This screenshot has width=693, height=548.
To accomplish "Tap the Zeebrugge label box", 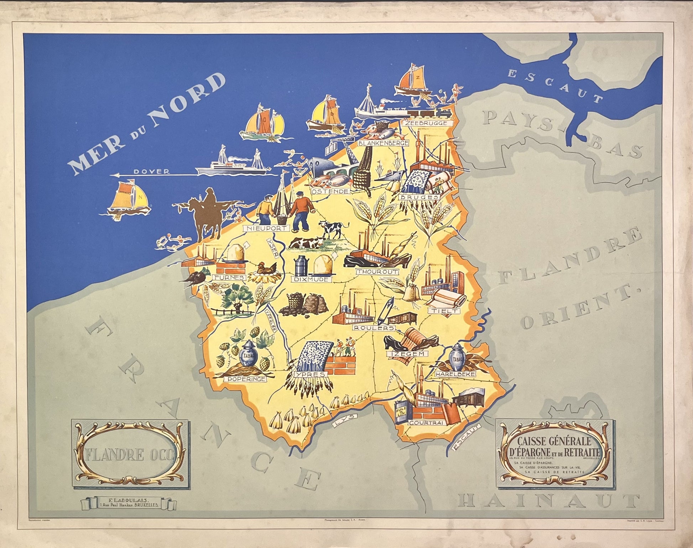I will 425,123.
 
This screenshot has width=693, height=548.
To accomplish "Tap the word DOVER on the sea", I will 151,172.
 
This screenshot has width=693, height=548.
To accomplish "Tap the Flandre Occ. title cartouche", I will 131,454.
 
